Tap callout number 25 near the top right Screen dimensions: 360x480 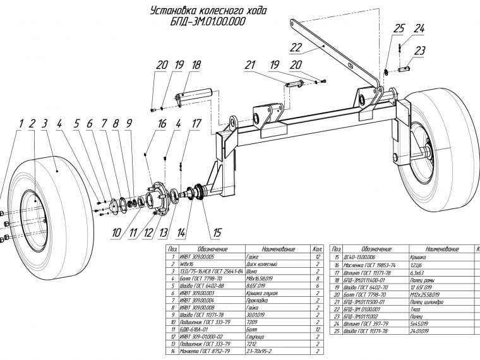coord(399,28)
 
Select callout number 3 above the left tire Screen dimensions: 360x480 coord(45,124)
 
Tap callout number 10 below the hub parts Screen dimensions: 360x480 coord(116,232)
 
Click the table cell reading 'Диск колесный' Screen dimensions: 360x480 coord(260,265)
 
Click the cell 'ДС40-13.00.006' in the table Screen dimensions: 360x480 coord(363,258)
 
